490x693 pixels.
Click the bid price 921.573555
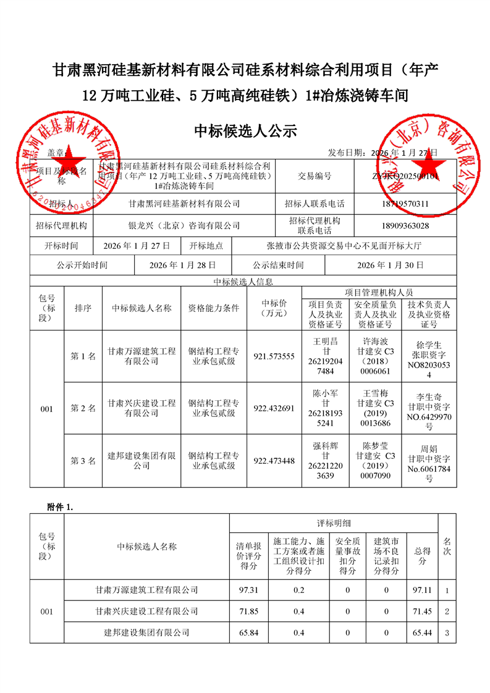[x=274, y=356]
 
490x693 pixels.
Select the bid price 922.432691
[x=274, y=408]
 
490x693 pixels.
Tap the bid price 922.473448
[x=274, y=460]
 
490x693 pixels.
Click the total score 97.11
[x=423, y=590]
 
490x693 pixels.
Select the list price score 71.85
[x=248, y=611]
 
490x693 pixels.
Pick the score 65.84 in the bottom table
[x=248, y=632]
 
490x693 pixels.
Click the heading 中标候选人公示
[x=246, y=131]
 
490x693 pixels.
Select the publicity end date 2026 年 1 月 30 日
[x=391, y=265]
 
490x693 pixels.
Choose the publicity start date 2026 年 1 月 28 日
[x=183, y=265]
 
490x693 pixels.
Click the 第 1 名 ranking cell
[x=83, y=356]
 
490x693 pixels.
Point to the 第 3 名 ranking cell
[x=83, y=460]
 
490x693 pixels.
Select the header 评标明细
[x=334, y=523]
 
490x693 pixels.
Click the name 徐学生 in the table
[x=429, y=345]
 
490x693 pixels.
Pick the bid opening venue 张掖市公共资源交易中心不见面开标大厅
[x=344, y=245]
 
